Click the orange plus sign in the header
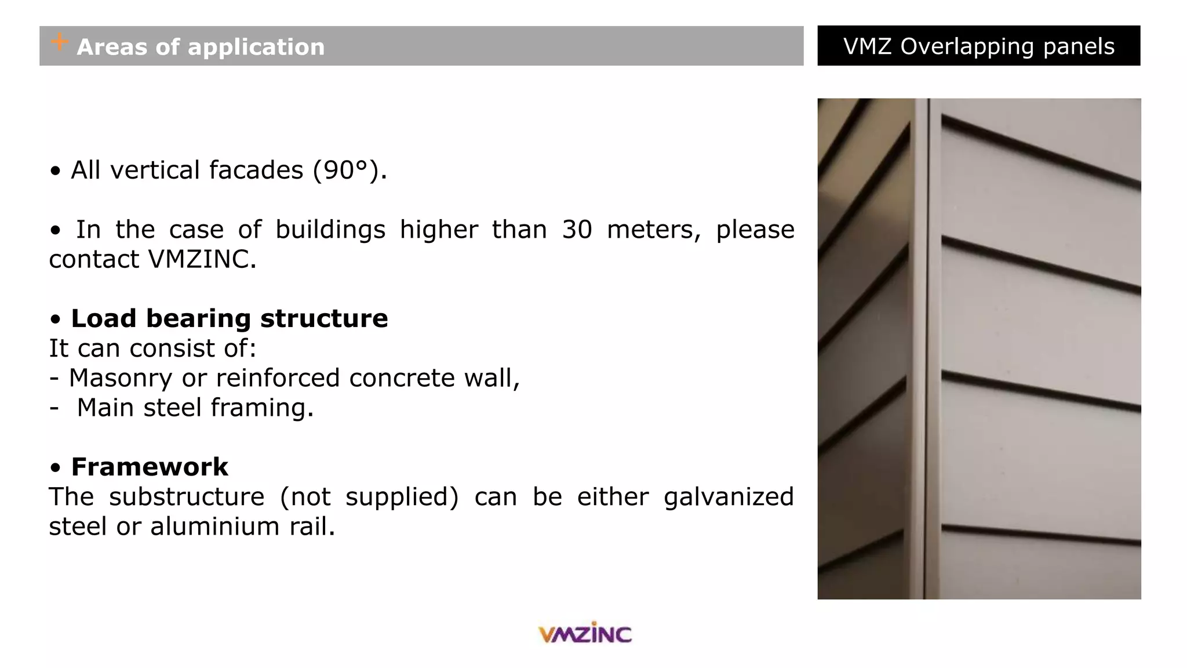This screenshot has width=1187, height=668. (59, 42)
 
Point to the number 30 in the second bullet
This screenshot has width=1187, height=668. (577, 230)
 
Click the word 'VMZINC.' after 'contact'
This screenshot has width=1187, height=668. (202, 259)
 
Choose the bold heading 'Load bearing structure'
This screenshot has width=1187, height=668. (230, 318)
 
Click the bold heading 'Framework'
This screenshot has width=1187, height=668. (150, 467)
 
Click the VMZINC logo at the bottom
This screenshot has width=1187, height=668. (585, 633)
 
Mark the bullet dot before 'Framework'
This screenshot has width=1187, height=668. (56, 467)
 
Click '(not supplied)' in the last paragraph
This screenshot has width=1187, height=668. (369, 497)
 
